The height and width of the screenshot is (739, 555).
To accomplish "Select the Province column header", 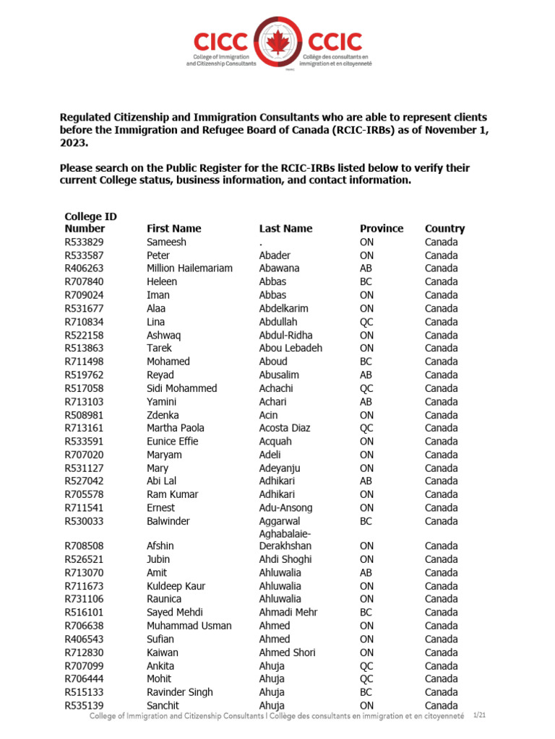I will coord(382,229).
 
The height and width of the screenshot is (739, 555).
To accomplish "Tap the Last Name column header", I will coord(285,229).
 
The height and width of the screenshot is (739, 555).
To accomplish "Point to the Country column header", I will coord(444,229).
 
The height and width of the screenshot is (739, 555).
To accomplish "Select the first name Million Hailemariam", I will coord(189,268).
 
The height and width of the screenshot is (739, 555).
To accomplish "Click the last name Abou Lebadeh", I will coord(291,348).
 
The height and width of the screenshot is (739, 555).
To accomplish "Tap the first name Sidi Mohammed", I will coord(181,388).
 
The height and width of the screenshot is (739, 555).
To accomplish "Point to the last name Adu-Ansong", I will coord(285,507).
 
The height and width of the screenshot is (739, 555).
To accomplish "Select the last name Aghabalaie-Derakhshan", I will coord(290,539).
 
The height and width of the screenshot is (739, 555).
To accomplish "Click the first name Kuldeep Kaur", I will coord(176,586).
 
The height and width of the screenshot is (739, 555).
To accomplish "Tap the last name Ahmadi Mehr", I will coord(288,612).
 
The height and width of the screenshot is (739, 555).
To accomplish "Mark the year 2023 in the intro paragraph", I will coord(74,142).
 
